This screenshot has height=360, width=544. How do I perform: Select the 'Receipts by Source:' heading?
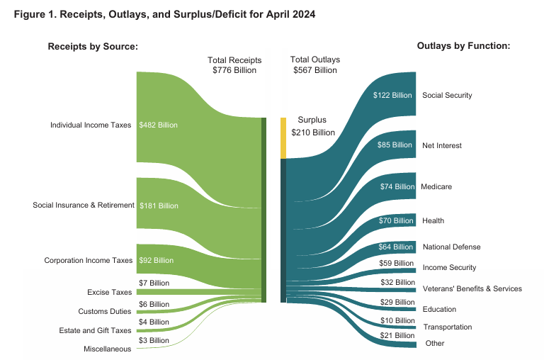pos(92,47)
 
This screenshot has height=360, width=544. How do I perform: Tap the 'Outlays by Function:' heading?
pos(464,46)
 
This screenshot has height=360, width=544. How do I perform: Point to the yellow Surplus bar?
pos(283,138)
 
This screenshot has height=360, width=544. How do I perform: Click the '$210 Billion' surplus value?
pos(313,133)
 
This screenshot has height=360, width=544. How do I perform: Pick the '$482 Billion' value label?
pos(159,125)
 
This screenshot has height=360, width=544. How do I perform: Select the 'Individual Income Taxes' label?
pos(91,125)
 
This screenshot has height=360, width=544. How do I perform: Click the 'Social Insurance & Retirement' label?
pos(84,206)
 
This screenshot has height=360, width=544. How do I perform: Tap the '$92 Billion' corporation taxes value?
pos(157,260)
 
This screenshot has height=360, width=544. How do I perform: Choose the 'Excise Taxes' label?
pos(110,292)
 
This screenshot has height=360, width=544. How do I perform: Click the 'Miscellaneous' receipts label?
pos(108,349)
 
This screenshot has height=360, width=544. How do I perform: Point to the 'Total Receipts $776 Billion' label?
pos(234,65)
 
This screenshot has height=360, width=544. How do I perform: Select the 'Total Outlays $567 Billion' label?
pos(315,65)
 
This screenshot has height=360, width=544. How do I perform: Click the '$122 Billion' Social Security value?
pos(392,95)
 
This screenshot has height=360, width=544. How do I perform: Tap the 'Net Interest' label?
pos(442,145)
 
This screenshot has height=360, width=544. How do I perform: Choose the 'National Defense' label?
pos(451,247)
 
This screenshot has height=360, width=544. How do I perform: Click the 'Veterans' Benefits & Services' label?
pos(472,288)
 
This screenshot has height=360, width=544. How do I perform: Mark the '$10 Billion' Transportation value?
pos(396,321)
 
